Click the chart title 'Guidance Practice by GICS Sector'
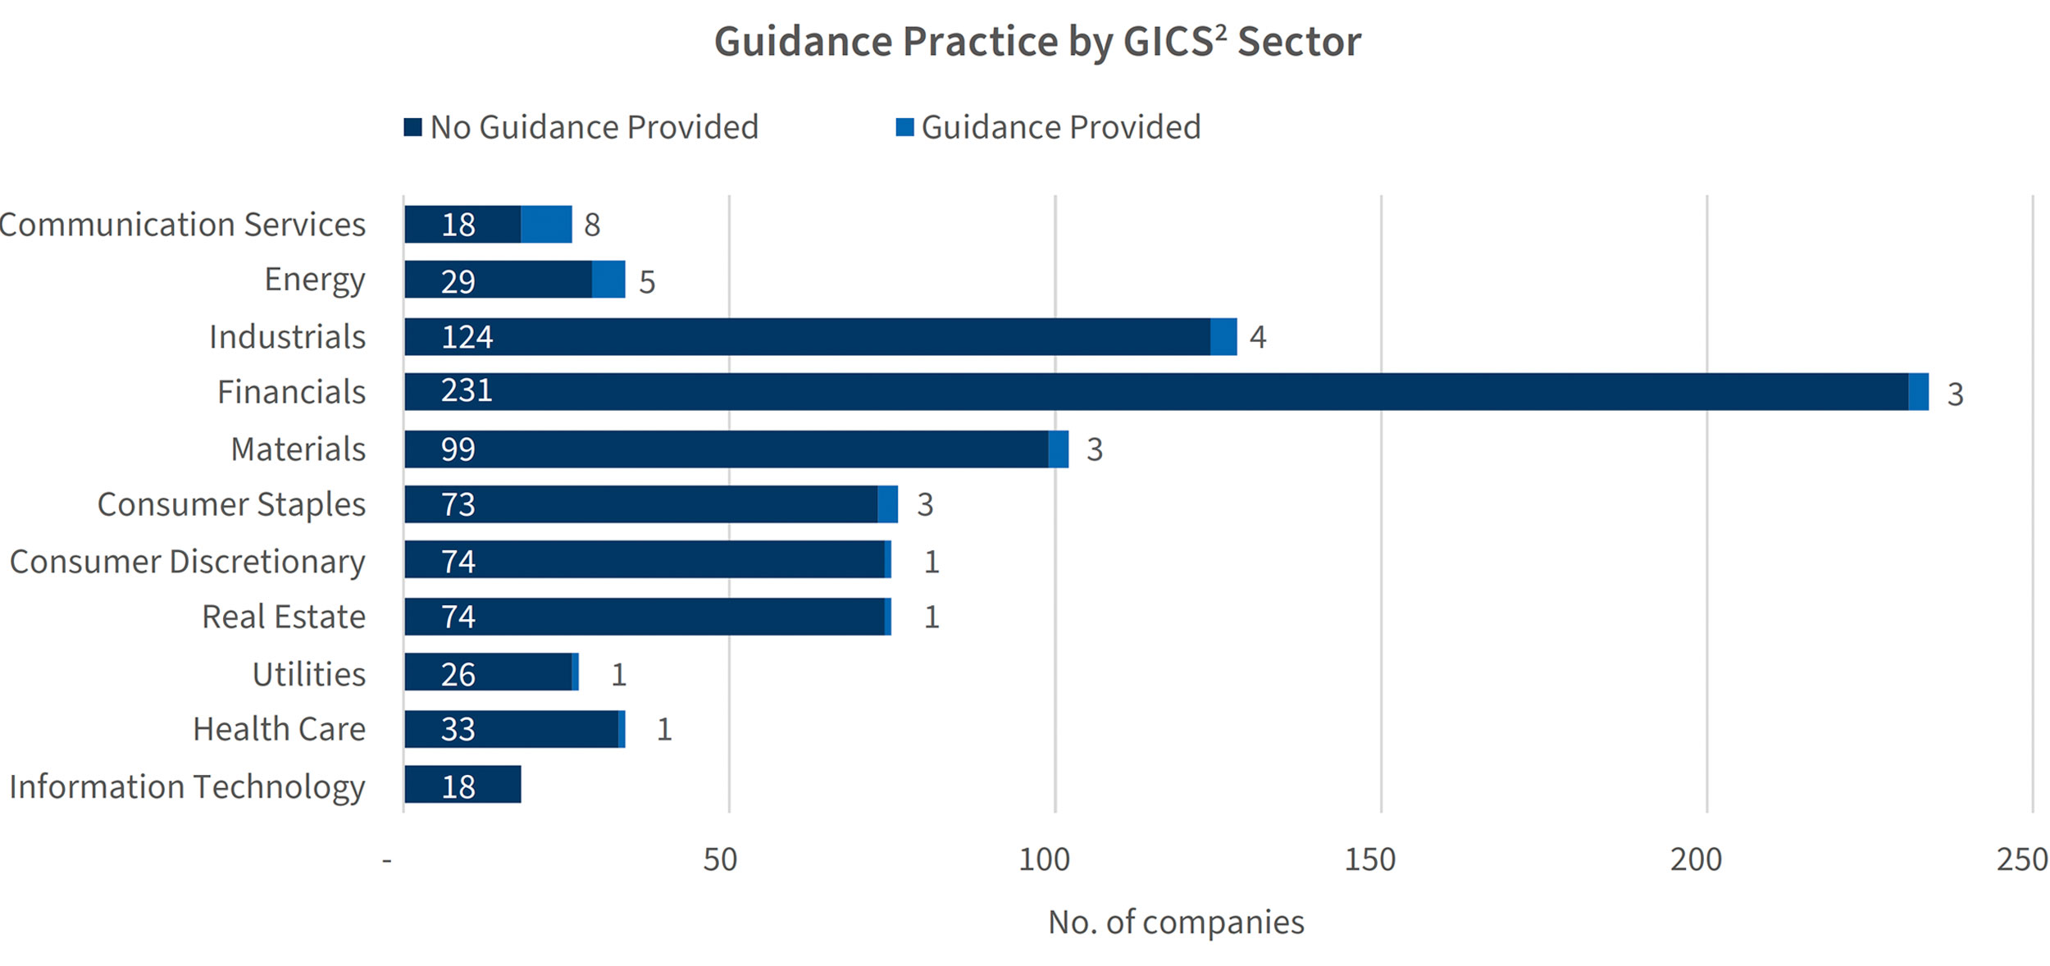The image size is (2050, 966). (x=1037, y=41)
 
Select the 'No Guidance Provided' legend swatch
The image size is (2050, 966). (x=412, y=127)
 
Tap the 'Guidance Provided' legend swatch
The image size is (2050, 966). (x=904, y=127)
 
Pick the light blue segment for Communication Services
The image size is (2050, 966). (x=546, y=225)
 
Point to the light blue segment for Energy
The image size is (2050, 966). (x=608, y=280)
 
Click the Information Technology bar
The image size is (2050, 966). (x=462, y=785)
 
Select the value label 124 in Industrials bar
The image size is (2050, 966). (x=467, y=337)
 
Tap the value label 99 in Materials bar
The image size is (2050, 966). (x=458, y=449)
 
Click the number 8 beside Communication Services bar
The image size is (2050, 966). (x=592, y=225)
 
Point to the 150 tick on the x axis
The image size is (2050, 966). (x=1369, y=859)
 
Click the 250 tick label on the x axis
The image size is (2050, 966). (x=2022, y=859)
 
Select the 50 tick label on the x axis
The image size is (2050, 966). (x=720, y=859)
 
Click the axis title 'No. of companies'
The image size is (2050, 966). (x=1176, y=923)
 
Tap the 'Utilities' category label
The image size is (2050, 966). (x=308, y=674)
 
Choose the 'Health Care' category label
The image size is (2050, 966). (x=279, y=729)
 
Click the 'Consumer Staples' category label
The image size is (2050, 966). (x=231, y=504)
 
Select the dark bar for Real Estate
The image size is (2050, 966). (x=645, y=617)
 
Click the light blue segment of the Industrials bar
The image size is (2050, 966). (x=1223, y=337)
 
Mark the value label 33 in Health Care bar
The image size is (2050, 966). (x=458, y=729)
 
